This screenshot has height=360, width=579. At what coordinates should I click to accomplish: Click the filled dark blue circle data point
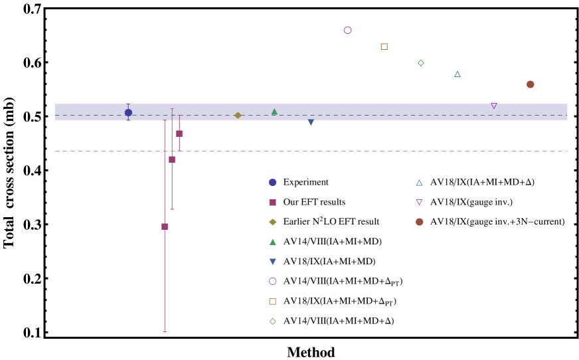(128, 113)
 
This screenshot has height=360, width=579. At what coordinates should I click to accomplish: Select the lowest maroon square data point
(165, 226)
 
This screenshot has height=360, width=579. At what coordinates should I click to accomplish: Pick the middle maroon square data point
(172, 159)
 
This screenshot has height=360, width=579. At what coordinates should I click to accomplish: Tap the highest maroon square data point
(179, 134)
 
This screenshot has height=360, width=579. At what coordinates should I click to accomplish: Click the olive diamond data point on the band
(238, 116)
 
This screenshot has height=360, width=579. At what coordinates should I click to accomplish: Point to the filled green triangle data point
(274, 112)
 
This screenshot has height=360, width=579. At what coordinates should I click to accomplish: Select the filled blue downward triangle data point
(311, 122)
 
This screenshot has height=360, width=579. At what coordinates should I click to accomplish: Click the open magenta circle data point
(347, 31)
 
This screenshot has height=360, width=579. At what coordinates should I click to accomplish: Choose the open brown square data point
(384, 46)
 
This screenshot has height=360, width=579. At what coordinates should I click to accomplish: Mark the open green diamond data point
(420, 63)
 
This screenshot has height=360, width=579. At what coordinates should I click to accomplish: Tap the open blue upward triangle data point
(457, 74)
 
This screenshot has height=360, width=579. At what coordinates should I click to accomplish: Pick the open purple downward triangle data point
(493, 106)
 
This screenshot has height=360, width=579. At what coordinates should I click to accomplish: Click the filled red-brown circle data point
(530, 84)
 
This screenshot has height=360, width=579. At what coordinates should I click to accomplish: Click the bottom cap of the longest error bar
(165, 331)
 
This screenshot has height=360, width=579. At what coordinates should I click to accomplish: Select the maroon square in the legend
(272, 203)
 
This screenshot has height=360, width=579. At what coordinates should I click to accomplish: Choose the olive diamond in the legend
(272, 222)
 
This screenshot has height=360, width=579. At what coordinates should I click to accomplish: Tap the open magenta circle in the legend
(272, 282)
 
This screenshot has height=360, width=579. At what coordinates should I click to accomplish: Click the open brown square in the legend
(272, 302)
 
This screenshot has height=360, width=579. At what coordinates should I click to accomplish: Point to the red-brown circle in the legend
(419, 222)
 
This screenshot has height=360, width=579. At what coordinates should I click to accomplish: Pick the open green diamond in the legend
(272, 321)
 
